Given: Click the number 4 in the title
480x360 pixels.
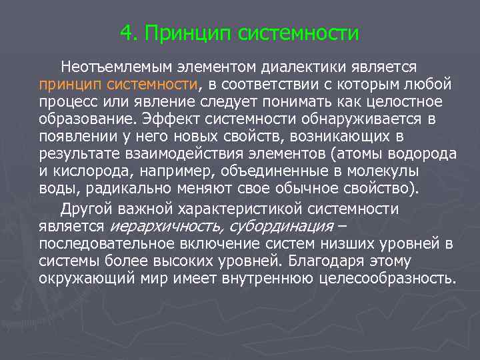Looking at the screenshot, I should coord(127,33).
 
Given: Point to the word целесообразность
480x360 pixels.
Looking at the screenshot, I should coord(383,277).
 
